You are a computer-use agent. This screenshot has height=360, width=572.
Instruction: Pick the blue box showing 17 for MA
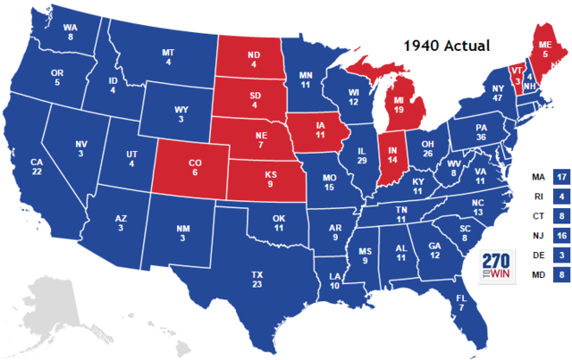(561, 177)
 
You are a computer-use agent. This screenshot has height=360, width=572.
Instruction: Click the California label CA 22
(37, 167)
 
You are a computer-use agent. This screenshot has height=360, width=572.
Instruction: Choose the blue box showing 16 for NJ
(561, 236)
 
